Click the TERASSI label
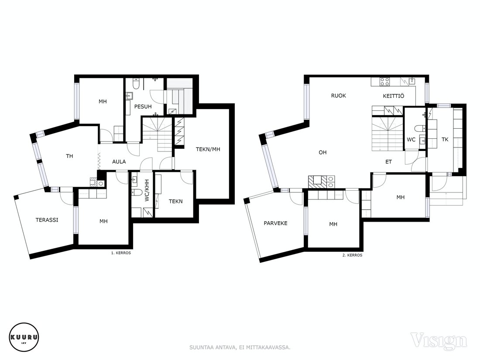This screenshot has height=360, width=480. (47, 220)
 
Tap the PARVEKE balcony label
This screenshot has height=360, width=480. (275, 223)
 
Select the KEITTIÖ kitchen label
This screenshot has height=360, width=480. (393, 96)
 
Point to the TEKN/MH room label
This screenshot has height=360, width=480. (208, 149)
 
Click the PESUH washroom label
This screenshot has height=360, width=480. (143, 106)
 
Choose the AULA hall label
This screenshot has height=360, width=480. (119, 161)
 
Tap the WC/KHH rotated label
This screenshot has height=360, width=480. (147, 190)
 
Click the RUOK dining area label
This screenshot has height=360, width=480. (339, 96)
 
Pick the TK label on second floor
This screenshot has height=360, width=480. (445, 139)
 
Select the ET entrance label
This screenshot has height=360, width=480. (388, 161)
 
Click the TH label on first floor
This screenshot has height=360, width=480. (69, 156)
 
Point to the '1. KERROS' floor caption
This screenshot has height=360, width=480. (121, 253)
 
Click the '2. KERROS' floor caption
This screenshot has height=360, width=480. (352, 255)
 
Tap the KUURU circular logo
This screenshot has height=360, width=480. (24, 338)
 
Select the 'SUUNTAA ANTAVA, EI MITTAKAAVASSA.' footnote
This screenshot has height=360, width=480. (240, 347)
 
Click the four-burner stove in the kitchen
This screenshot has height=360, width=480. (385, 82)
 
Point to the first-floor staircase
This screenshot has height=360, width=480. (158, 134)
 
